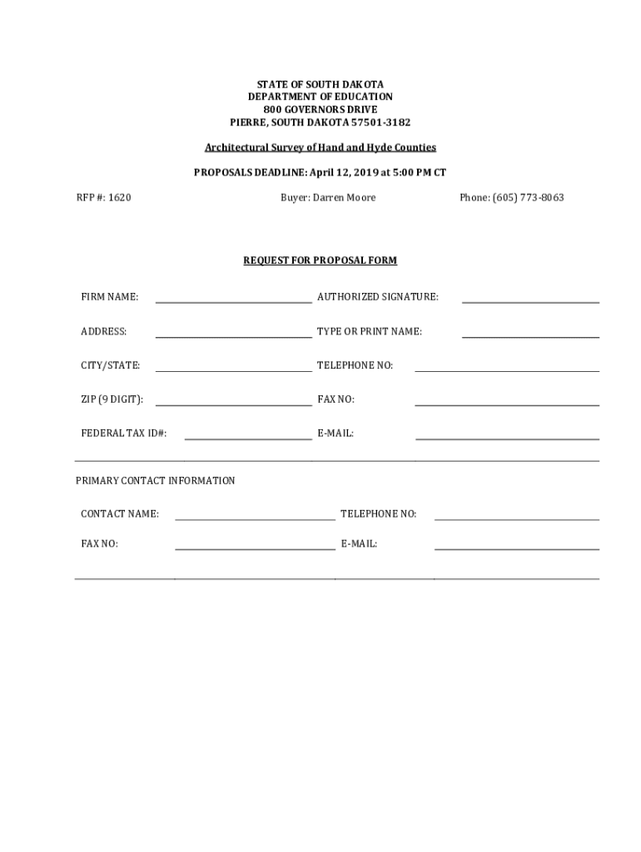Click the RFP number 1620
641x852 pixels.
coord(117,198)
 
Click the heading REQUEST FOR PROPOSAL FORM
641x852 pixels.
coord(320,260)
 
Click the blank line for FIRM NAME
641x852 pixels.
coord(233,299)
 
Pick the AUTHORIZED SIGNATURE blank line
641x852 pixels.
coord(530,299)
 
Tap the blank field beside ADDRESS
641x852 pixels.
coord(233,334)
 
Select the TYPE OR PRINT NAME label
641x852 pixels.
coord(369,332)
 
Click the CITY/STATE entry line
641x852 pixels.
coord(233,367)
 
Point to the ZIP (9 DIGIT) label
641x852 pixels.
coord(112,399)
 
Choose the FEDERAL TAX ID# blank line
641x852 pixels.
coord(247,435)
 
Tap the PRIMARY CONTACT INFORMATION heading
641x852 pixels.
coord(155,481)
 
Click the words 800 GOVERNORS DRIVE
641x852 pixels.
coord(320,110)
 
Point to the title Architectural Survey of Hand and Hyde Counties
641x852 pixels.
coord(320,147)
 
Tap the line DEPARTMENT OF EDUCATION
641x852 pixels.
coord(320,97)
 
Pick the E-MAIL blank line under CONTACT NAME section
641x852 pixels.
coord(516,546)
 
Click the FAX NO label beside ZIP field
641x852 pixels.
coord(335,399)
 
